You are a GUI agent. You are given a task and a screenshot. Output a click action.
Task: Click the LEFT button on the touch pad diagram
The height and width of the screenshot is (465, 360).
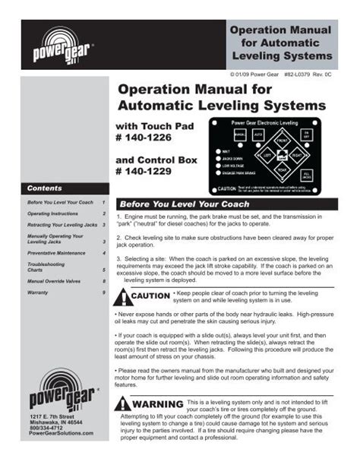[267, 155]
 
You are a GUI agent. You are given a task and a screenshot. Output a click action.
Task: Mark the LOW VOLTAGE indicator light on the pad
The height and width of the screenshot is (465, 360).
[219, 165]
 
